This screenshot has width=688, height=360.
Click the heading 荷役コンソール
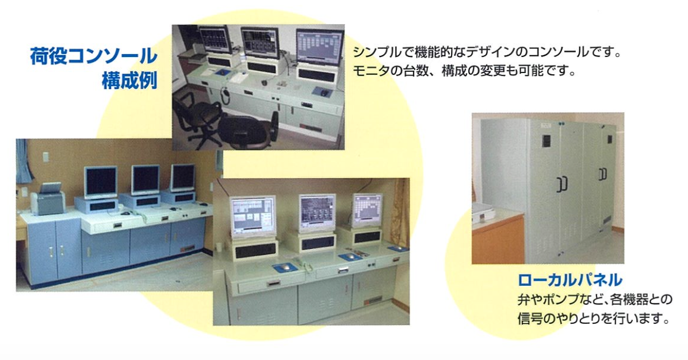[x=93, y=56]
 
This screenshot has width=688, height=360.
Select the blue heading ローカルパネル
[x=570, y=279]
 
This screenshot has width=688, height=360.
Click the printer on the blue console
[x=47, y=200]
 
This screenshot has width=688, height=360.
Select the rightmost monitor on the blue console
[x=182, y=178]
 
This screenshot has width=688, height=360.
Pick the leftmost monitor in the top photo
[x=215, y=40]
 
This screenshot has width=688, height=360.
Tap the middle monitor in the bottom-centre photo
[x=317, y=213]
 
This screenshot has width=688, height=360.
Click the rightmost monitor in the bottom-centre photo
[x=368, y=211]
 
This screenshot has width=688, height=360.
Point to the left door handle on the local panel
[x=561, y=184]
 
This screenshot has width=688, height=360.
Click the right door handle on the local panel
[x=603, y=174]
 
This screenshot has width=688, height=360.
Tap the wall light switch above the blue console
[x=45, y=157]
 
